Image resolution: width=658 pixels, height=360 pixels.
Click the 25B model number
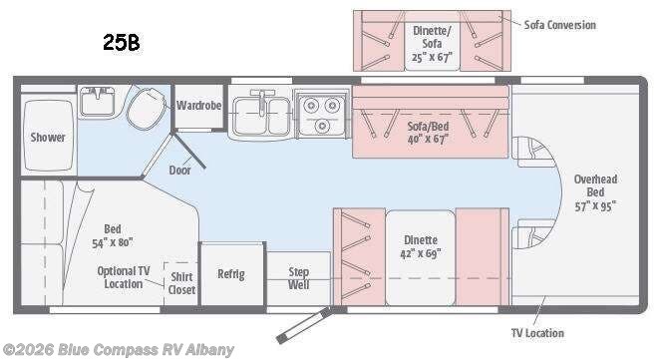click(122, 42)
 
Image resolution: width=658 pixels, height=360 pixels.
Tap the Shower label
click(48, 138)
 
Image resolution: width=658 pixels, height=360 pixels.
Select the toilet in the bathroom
click(145, 108)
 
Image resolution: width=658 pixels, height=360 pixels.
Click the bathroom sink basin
click(98, 101)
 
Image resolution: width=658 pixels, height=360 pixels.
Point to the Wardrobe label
click(199, 106)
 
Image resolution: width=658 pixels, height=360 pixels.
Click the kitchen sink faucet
click(262, 101)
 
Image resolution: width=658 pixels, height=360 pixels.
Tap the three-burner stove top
click(322, 114)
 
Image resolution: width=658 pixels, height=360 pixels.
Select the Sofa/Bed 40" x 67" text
click(428, 133)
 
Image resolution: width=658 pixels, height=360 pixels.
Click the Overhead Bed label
click(595, 185)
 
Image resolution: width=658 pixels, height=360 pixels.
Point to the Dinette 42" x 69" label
click(421, 246)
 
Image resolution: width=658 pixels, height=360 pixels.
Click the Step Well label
click(299, 278)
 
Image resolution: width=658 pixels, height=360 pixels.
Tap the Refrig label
click(231, 274)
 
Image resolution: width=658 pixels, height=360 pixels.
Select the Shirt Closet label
click(182, 283)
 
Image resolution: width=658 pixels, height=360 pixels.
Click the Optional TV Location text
click(124, 277)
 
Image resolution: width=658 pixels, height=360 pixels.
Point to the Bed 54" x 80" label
click(113, 235)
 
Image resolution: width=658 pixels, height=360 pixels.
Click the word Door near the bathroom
click(180, 171)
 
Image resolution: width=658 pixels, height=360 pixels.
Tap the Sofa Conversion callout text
click(560, 25)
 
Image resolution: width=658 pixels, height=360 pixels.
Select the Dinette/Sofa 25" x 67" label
click(432, 44)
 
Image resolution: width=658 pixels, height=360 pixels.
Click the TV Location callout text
click(537, 333)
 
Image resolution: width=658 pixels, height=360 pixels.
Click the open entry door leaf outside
click(304, 325)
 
